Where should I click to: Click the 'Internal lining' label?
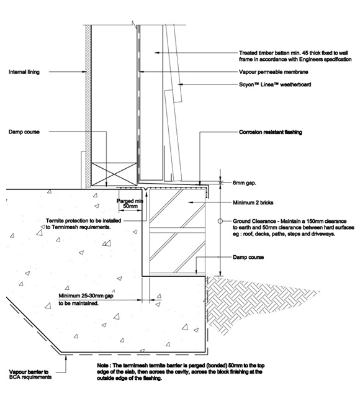(x=24, y=72)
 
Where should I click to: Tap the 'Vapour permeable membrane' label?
(x=273, y=72)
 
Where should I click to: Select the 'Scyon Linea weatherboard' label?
(x=275, y=84)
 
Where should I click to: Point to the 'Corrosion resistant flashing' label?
(x=270, y=132)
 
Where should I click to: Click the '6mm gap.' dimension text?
(x=244, y=183)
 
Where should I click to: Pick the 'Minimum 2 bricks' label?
(x=253, y=202)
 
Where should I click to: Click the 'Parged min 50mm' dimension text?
(x=130, y=204)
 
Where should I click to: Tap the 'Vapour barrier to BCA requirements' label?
(x=30, y=374)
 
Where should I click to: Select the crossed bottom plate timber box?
(x=114, y=174)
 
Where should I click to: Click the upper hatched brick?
(x=177, y=209)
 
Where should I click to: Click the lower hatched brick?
(x=177, y=253)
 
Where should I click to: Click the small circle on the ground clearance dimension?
(x=220, y=221)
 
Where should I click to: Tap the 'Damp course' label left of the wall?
(x=24, y=132)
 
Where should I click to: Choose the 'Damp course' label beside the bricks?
(x=248, y=257)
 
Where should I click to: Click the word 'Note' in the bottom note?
(x=102, y=366)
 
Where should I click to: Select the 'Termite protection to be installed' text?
(x=83, y=220)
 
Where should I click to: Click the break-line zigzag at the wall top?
(x=133, y=24)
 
